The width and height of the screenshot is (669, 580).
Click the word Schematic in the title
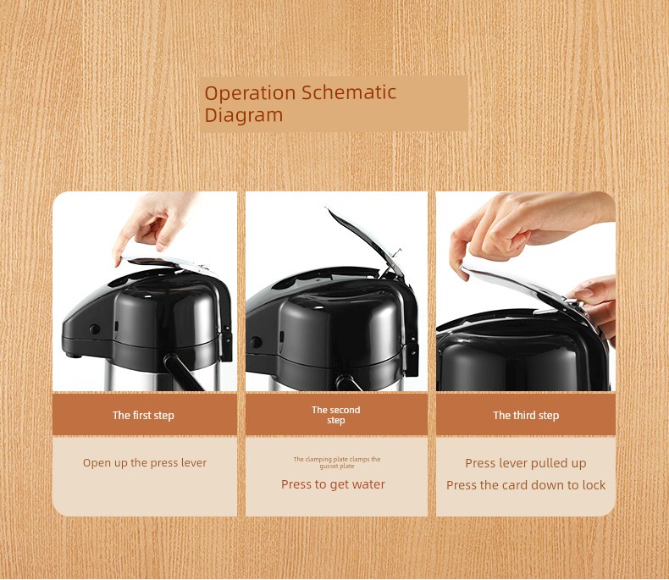click(349, 92)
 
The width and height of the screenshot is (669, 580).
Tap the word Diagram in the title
click(244, 115)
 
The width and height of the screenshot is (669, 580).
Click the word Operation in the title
click(250, 93)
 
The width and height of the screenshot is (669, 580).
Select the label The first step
click(143, 416)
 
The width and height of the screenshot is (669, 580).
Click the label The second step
click(336, 415)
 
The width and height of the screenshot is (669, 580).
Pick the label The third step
click(526, 416)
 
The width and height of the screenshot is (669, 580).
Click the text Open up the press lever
click(145, 463)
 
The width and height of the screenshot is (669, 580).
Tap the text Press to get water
click(333, 484)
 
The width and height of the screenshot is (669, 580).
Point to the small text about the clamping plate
click(337, 462)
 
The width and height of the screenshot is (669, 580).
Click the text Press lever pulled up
click(526, 463)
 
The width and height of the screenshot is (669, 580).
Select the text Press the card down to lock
click(526, 485)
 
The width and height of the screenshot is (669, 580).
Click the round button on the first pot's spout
click(94, 329)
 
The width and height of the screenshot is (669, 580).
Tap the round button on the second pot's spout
click(256, 342)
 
